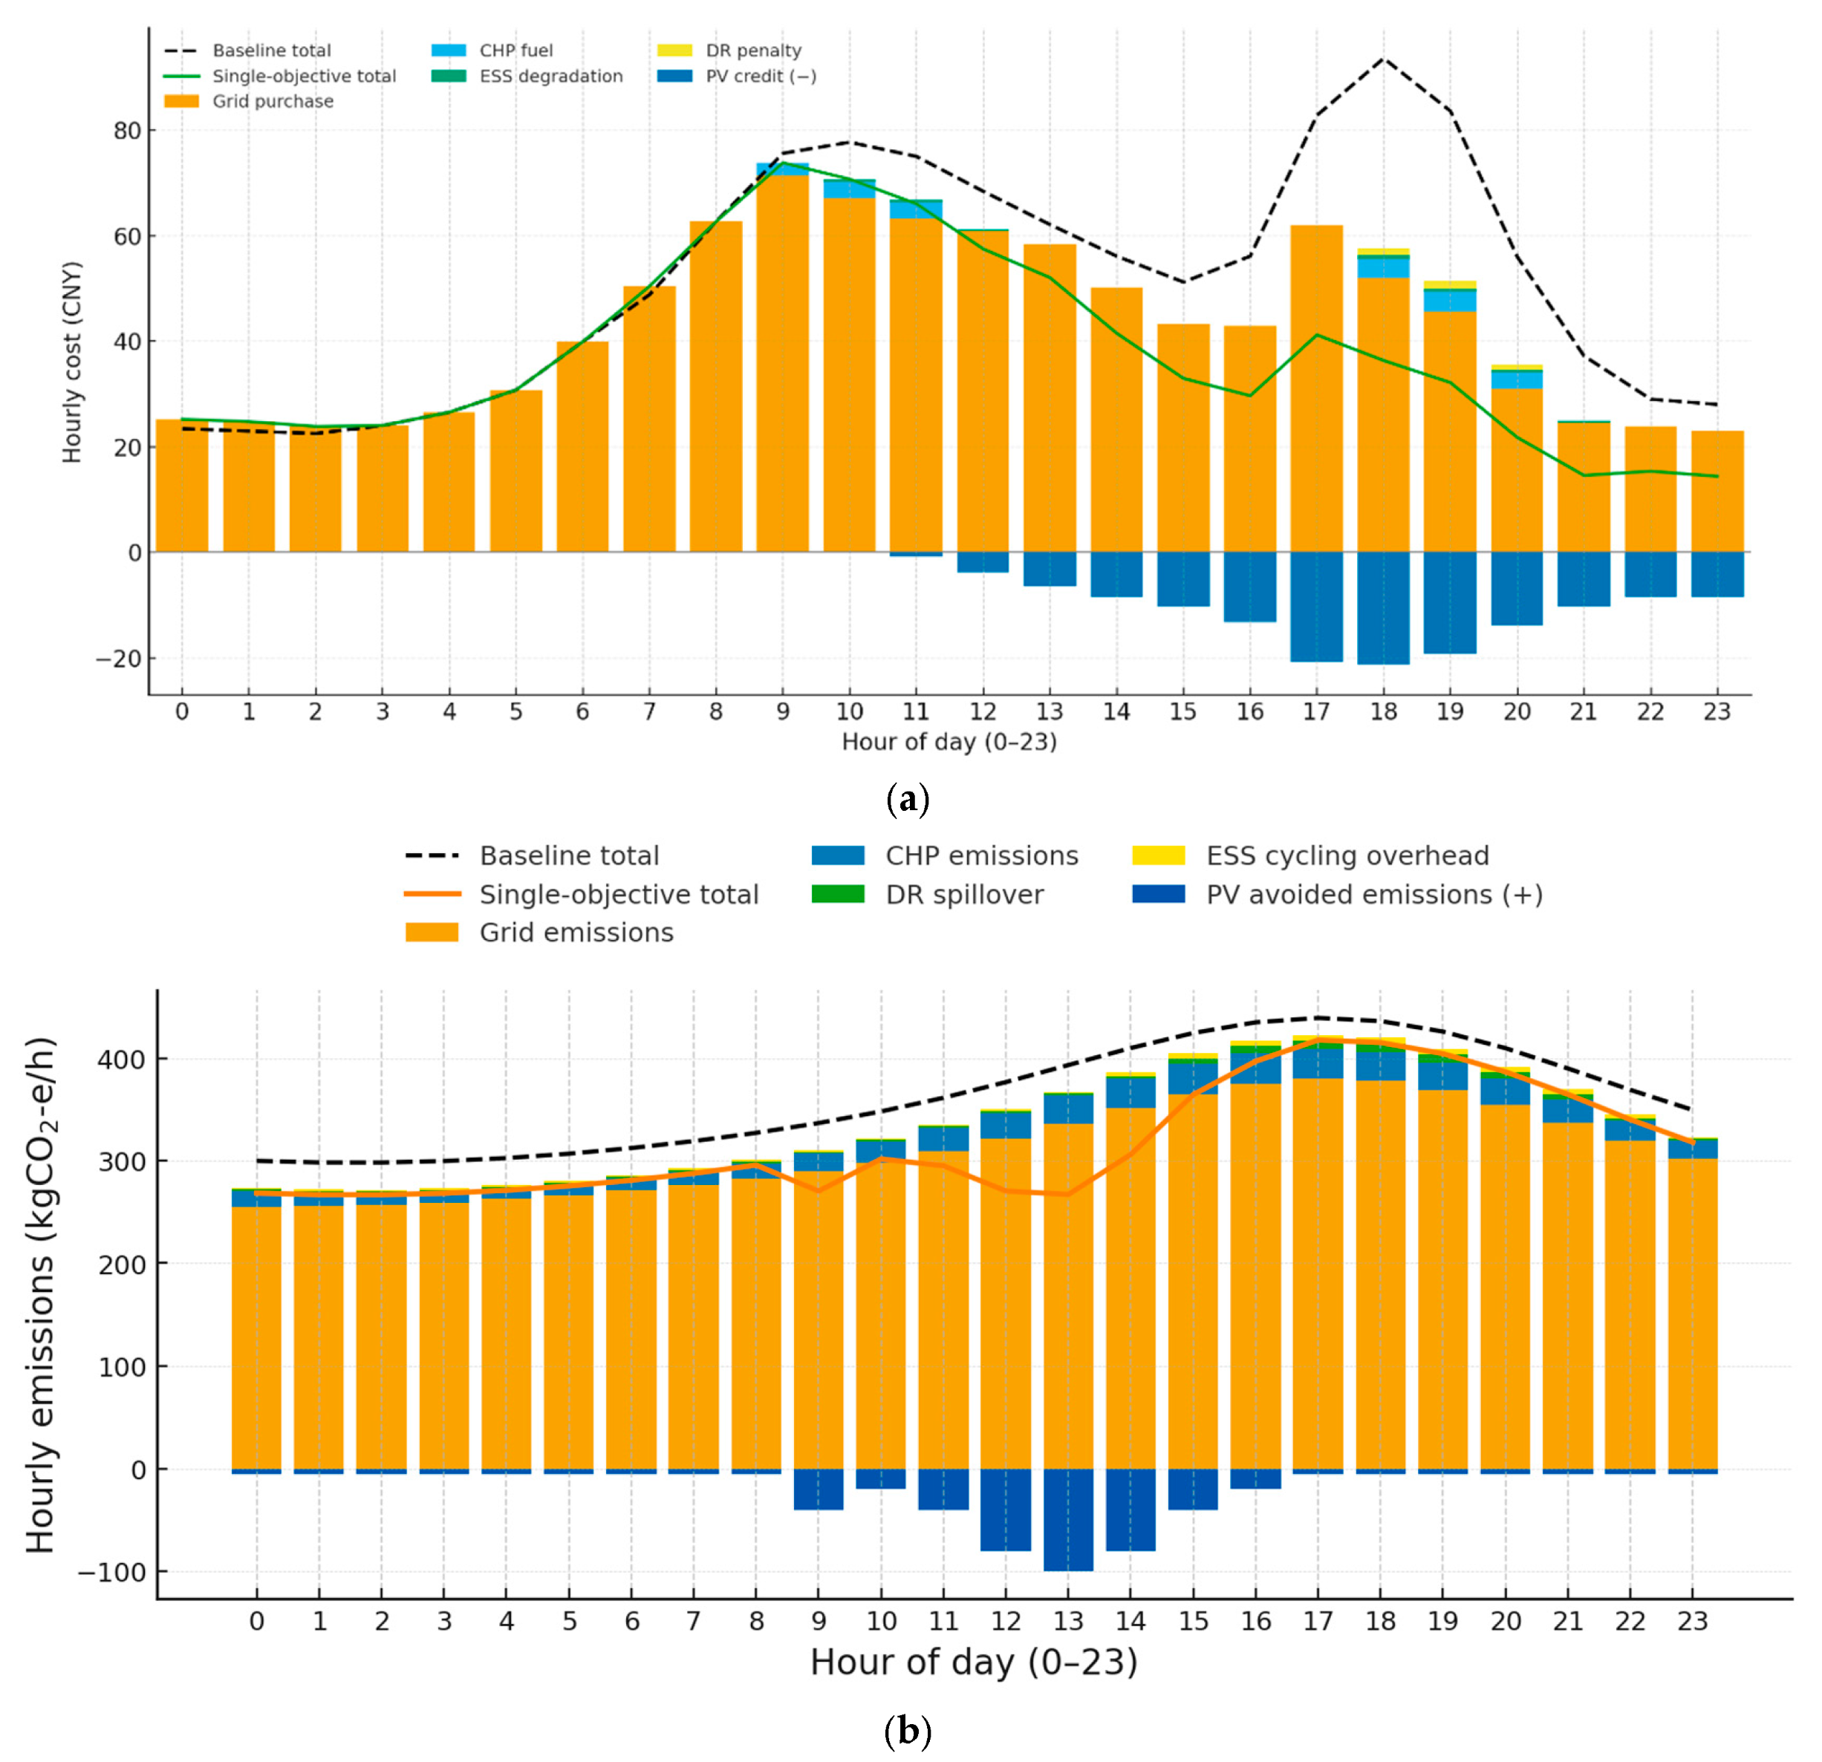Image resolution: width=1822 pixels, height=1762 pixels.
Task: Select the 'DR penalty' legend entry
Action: tap(753, 50)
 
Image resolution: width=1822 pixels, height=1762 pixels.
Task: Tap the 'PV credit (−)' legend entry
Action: tap(761, 76)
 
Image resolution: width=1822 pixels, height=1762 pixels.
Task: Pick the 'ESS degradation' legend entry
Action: tap(550, 76)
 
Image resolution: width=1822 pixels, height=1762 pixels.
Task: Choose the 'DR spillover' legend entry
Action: tap(964, 894)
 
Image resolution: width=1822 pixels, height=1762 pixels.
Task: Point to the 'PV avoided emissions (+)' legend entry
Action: tap(1374, 894)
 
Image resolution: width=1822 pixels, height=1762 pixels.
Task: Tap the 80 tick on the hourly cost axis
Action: tap(127, 131)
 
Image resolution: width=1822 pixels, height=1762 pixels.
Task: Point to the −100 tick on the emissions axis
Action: tap(111, 1573)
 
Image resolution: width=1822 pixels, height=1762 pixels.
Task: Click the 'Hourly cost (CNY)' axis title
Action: tap(71, 362)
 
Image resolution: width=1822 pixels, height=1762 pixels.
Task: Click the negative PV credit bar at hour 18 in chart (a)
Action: tap(1382, 609)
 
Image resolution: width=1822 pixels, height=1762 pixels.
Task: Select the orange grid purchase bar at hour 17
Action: tap(1315, 391)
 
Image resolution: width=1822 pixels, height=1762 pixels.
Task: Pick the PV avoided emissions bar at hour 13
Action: tap(1068, 1519)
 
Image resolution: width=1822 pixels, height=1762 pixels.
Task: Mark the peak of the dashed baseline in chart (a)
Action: tap(1383, 59)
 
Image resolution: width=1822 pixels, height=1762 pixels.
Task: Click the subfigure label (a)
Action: tap(908, 799)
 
